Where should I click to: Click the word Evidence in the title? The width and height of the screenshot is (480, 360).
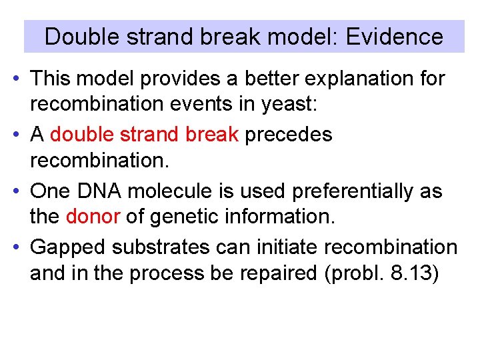[394, 36]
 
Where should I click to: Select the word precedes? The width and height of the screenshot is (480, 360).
[289, 135]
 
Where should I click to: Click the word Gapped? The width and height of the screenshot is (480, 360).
[69, 247]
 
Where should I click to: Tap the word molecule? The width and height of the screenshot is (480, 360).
[169, 191]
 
